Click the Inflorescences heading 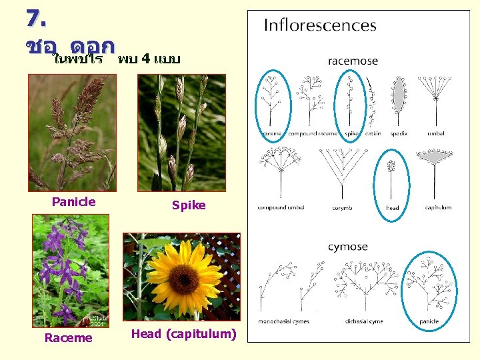[x=320, y=26]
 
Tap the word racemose [x=353, y=61]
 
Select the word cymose [x=347, y=247]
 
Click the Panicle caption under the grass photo [x=74, y=202]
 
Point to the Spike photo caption [x=189, y=205]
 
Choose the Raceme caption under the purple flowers [x=68, y=338]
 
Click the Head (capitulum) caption [x=183, y=334]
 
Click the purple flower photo [x=70, y=270]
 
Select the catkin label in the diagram [x=373, y=133]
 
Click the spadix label [x=399, y=133]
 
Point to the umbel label [x=436, y=133]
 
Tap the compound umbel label [x=281, y=207]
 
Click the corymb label [x=342, y=208]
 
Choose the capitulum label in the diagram [x=438, y=207]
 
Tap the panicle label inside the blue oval [x=429, y=321]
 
